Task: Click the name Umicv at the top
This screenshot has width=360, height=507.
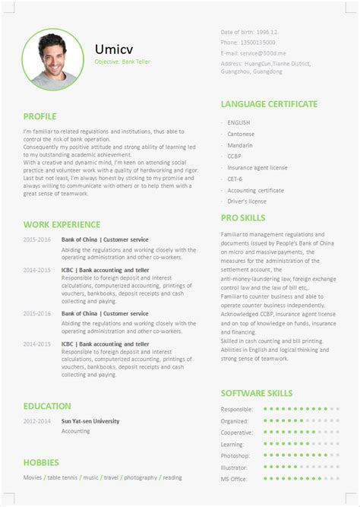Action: [x=112, y=49]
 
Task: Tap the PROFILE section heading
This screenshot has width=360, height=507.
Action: [x=39, y=116]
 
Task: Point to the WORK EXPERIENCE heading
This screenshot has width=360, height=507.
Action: [x=62, y=224]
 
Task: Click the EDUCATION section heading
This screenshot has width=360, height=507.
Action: [x=47, y=406]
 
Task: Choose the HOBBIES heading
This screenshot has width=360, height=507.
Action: [x=41, y=461]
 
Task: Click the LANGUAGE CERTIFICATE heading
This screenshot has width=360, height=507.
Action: [x=269, y=104]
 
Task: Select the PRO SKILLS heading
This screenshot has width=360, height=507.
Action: [x=242, y=217]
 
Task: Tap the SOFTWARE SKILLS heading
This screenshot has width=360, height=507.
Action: [x=256, y=393]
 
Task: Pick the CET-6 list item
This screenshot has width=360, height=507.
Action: [x=236, y=179]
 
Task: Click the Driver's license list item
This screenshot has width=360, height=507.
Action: [x=247, y=201]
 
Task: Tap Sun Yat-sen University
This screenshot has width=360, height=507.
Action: [x=90, y=420]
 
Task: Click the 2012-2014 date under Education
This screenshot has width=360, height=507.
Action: [x=37, y=420]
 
